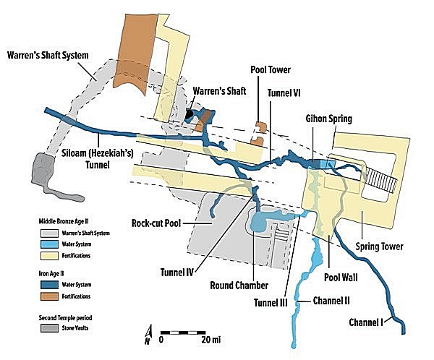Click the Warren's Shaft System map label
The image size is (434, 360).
click(x=48, y=55)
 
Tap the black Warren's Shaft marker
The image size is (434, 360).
click(x=189, y=113)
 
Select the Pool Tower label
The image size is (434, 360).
click(x=271, y=69)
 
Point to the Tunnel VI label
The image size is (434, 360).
click(x=284, y=93)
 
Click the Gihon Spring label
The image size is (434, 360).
click(x=329, y=119)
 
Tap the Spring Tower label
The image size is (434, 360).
click(x=380, y=247)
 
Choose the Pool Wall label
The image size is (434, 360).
click(x=341, y=278)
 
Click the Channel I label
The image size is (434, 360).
click(x=366, y=322)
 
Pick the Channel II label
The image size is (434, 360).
click(x=331, y=301)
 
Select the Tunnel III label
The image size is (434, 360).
click(x=271, y=303)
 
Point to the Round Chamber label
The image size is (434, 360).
click(x=239, y=286)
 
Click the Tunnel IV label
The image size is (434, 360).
click(x=177, y=273)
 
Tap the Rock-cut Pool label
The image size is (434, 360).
click(x=156, y=223)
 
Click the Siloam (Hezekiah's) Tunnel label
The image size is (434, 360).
click(x=98, y=159)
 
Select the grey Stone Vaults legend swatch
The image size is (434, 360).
click(x=49, y=328)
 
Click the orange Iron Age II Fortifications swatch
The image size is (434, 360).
click(x=49, y=296)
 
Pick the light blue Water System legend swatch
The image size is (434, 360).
click(x=49, y=244)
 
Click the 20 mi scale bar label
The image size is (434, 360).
click(x=211, y=340)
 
